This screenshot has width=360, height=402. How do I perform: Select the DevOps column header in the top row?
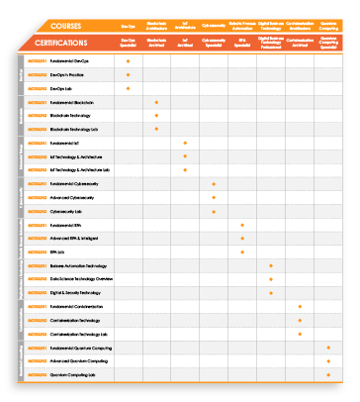click(129, 27)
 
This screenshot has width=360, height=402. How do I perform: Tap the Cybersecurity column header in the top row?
click(214, 27)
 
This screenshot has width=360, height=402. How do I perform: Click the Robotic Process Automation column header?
click(242, 27)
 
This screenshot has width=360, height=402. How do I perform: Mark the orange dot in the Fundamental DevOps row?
click(129, 61)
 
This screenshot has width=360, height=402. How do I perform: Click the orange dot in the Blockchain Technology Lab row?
click(157, 129)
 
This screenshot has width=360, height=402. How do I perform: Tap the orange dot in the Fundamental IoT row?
click(185, 143)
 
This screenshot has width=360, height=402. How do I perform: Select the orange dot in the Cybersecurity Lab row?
click(214, 211)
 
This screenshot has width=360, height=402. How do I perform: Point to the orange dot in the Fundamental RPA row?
click(242, 225)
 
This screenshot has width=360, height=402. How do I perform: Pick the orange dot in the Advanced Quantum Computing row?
click(328, 361)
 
